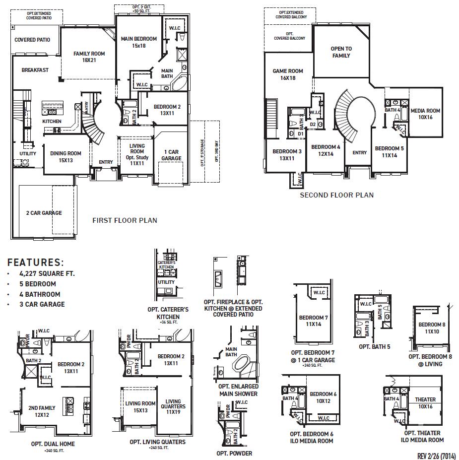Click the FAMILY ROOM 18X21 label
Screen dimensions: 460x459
pos(89,57)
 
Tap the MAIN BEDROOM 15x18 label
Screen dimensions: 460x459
pos(139,42)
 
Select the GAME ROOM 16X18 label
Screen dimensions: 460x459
pos(288,74)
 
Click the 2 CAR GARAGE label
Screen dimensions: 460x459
pos(44,213)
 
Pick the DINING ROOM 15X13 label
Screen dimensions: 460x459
pos(66,157)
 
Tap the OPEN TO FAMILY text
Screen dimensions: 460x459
pos(341,52)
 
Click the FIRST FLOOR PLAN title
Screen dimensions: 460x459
pos(125,220)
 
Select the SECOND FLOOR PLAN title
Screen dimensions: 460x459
pos(336,195)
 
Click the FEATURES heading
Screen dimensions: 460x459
pos(35,262)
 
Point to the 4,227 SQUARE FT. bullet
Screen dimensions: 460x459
pos(47,274)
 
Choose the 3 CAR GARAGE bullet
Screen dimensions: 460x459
pos(42,304)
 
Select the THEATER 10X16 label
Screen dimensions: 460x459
pos(425,402)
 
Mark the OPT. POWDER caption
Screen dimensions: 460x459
pos(234,453)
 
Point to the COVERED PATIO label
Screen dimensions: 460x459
pos(32,40)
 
